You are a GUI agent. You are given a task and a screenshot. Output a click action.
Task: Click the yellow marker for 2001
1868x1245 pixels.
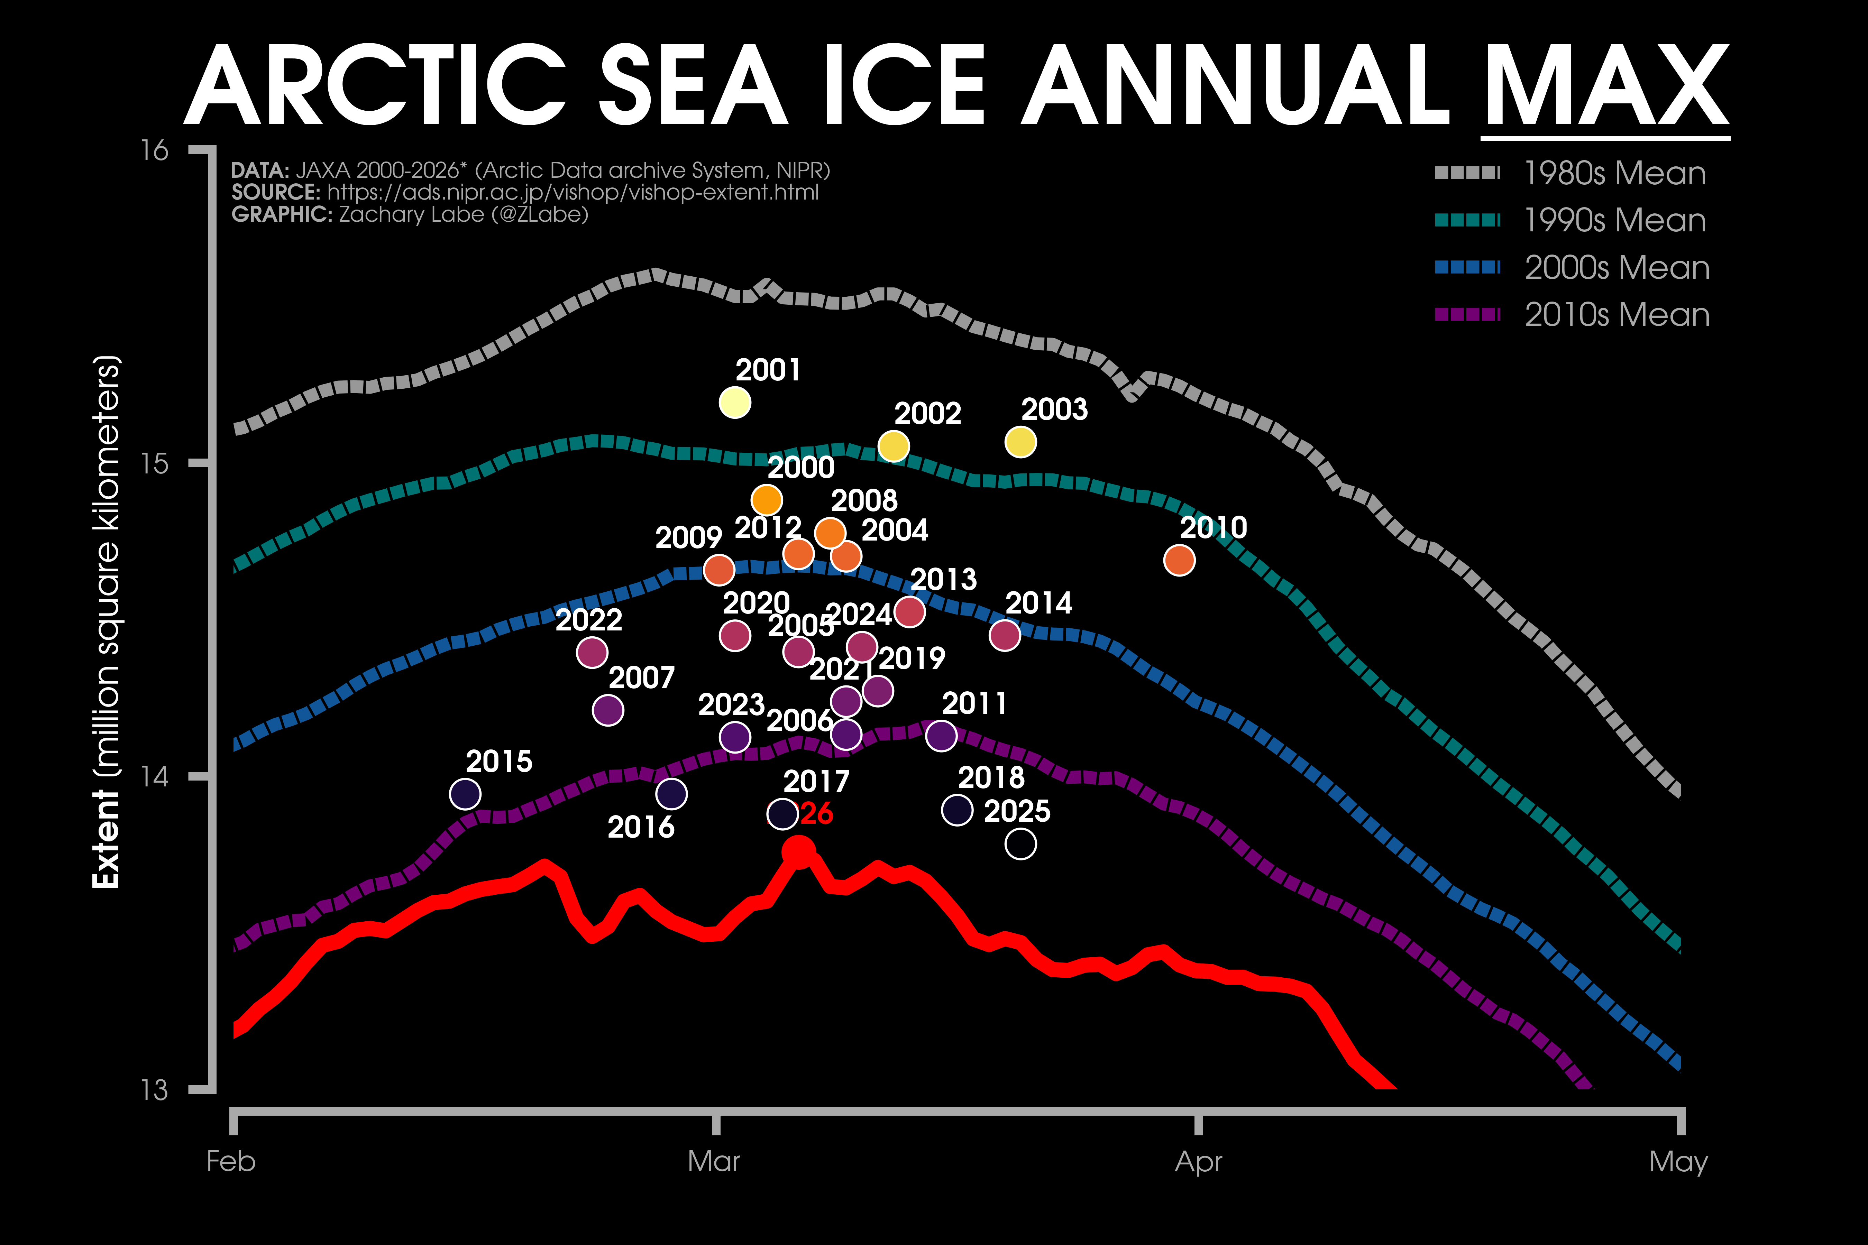[735, 403]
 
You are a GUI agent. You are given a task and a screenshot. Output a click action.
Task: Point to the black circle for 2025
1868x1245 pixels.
[1020, 844]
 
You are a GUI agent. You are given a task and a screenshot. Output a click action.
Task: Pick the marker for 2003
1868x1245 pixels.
[1020, 442]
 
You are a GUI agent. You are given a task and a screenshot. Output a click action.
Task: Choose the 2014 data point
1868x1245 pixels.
[1005, 635]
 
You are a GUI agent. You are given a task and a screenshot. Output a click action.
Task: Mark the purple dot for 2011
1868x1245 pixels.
[941, 736]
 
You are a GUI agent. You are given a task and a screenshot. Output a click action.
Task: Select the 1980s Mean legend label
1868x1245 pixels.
[1615, 173]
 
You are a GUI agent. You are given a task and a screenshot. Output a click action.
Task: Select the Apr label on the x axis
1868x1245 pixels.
[1199, 1162]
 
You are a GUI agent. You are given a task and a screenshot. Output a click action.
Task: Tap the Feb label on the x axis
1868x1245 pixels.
[231, 1162]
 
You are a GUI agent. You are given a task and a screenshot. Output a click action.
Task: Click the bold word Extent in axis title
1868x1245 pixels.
[106, 839]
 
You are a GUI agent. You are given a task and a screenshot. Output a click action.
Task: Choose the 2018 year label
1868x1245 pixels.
[991, 777]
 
